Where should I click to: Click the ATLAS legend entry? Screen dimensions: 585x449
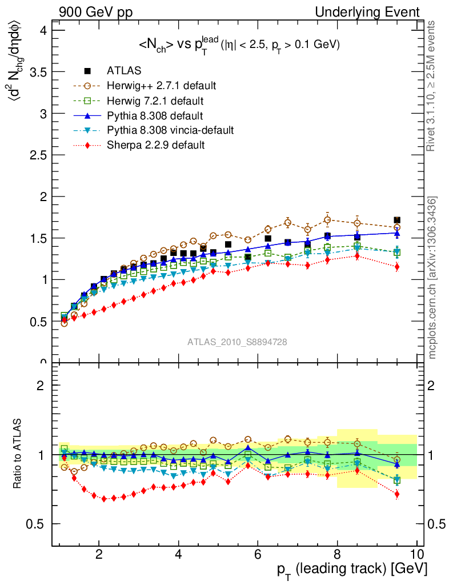point(124,71)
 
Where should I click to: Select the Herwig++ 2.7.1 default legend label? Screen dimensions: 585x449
point(161,86)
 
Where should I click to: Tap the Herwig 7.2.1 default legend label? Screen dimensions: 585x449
point(155,101)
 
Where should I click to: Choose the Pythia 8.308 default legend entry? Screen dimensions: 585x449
point(155,115)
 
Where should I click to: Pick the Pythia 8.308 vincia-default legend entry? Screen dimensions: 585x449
point(170,130)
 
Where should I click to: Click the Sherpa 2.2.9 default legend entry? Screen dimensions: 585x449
point(155,145)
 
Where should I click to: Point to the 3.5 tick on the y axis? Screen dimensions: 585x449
point(38,72)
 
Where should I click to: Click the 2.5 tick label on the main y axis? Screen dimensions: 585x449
point(38,155)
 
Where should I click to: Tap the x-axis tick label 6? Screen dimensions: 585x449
point(258,553)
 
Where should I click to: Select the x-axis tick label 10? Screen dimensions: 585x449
point(416,553)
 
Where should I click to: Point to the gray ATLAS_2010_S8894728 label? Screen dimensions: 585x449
point(237,342)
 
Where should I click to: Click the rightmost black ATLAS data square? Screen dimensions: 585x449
point(397,220)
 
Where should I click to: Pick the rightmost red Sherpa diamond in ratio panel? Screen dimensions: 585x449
point(397,494)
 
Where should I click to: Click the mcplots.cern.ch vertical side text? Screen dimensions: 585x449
point(432,278)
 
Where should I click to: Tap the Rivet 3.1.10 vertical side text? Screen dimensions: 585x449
point(432,86)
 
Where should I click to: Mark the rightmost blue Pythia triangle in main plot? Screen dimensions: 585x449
point(397,233)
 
